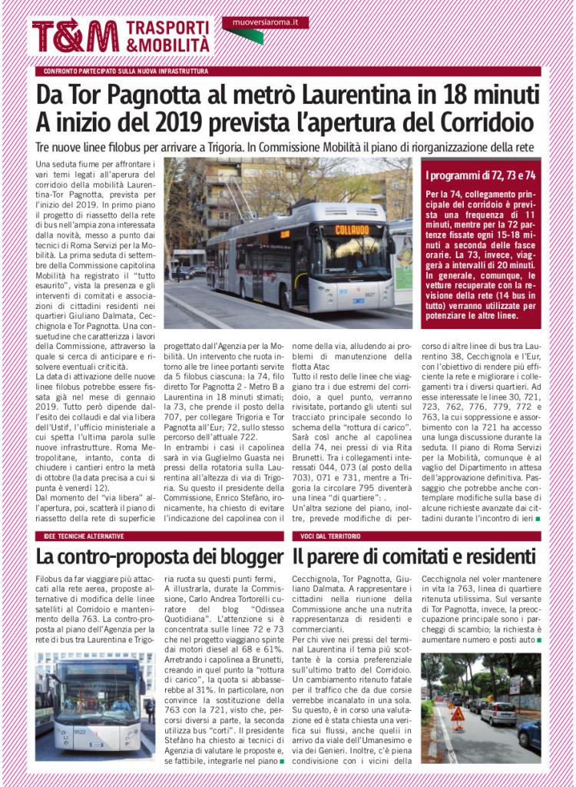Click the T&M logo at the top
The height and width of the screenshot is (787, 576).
(75, 35)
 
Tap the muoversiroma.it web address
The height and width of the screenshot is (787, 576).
(265, 23)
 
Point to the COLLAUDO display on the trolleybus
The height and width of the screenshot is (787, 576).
(351, 230)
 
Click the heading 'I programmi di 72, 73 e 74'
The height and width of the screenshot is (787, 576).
(481, 176)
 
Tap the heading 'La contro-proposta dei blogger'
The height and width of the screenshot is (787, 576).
(160, 556)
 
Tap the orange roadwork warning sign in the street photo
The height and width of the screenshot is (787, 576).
(458, 714)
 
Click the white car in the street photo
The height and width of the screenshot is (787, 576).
(498, 712)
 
